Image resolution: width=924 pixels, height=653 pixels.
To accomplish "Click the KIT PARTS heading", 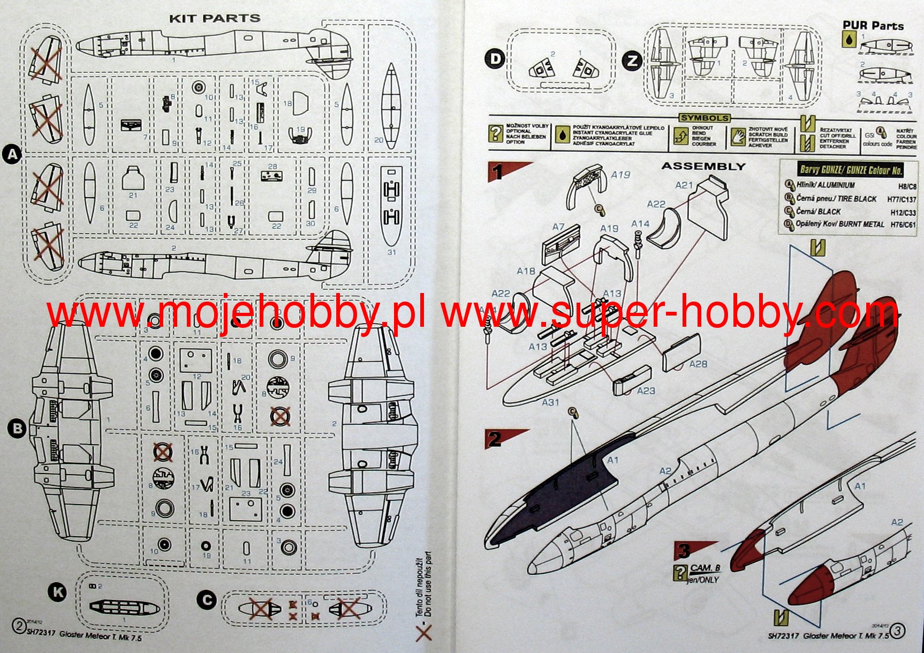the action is click(x=215, y=18).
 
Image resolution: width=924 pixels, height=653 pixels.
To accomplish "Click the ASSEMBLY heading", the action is click(x=703, y=166).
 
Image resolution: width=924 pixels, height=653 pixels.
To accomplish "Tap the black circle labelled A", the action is click(x=12, y=155).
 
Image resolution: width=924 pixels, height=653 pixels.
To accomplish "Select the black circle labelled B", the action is click(x=17, y=429).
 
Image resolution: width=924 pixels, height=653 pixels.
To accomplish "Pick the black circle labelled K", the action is click(x=57, y=592).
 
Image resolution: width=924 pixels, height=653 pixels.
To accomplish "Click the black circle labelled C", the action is click(x=207, y=600).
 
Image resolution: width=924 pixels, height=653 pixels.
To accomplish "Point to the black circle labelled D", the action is click(x=496, y=58).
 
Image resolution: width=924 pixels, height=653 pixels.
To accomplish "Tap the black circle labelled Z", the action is click(x=632, y=61).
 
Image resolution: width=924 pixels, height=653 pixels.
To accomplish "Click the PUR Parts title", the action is click(x=873, y=25).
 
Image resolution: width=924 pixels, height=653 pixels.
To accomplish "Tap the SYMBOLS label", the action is click(x=705, y=118).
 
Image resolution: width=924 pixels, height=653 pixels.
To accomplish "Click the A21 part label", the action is click(x=684, y=185).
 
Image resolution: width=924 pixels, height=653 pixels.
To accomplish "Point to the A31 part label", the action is click(x=550, y=402).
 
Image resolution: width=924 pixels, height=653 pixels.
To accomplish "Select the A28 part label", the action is click(x=698, y=364).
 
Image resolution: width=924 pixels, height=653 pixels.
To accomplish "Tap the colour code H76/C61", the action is click(x=903, y=225).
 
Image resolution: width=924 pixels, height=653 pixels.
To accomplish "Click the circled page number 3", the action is click(x=897, y=631).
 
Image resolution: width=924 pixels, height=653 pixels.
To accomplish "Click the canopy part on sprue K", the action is click(x=123, y=607).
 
